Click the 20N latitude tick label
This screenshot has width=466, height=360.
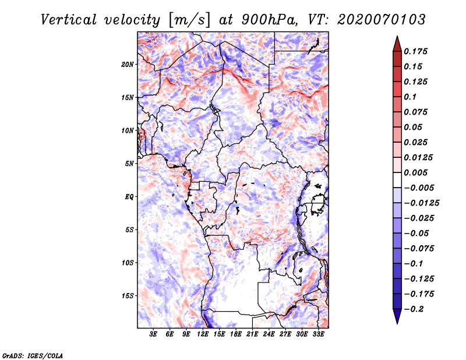pyautogui.click(x=127, y=65)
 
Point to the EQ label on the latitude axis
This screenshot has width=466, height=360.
pyautogui.click(x=129, y=197)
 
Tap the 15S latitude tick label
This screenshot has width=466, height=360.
pyautogui.click(x=128, y=296)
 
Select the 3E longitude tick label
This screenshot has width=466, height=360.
pyautogui.click(x=153, y=334)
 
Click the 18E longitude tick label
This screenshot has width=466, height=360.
pyautogui.click(x=236, y=334)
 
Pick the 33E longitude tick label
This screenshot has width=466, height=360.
pyautogui.click(x=318, y=334)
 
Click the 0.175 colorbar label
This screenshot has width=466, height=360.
pyautogui.click(x=415, y=51)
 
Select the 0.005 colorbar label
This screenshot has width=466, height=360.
pyautogui.click(x=415, y=172)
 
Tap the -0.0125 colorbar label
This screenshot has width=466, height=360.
pyautogui.click(x=421, y=203)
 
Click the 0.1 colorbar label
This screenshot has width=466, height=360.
pyautogui.click(x=410, y=97)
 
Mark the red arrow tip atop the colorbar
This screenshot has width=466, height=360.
pyautogui.click(x=397, y=36)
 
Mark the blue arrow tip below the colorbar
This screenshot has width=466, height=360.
pyautogui.click(x=397, y=323)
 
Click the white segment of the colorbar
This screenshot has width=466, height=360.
pyautogui.click(x=397, y=180)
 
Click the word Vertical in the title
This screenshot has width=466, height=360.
pyautogui.click(x=69, y=20)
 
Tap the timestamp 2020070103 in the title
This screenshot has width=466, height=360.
pyautogui.click(x=382, y=20)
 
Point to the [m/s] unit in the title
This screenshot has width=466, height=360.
pyautogui.click(x=189, y=20)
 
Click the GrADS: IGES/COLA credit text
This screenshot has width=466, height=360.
pyautogui.click(x=33, y=355)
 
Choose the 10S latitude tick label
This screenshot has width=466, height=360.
pyautogui.click(x=128, y=263)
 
